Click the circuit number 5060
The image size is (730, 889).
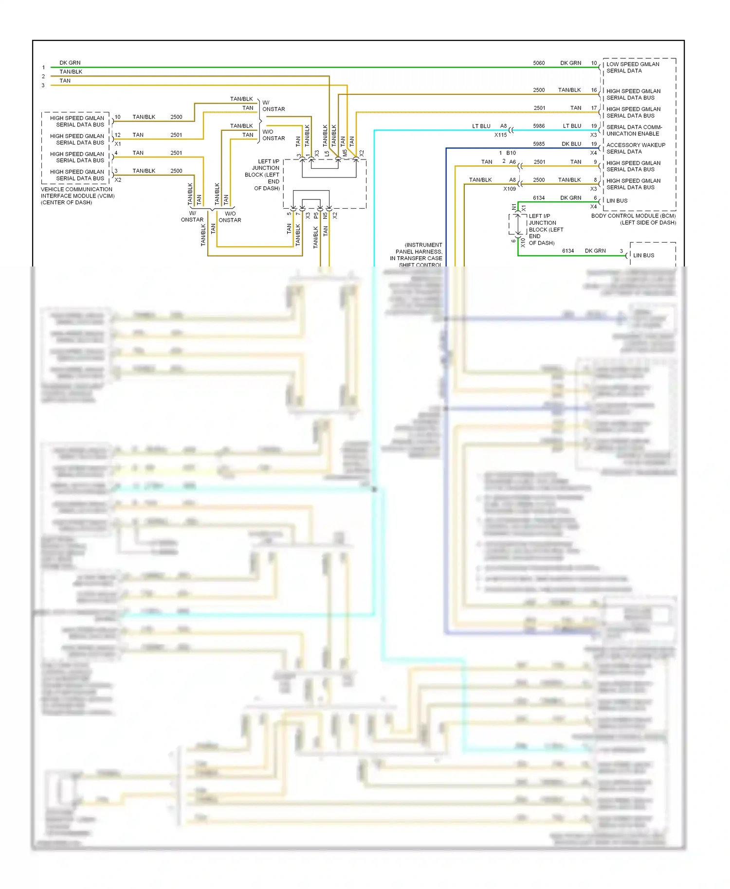pos(538,63)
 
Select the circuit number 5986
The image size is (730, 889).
pos(538,126)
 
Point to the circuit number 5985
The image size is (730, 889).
pos(538,144)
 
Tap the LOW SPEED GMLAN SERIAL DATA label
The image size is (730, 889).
pos(632,68)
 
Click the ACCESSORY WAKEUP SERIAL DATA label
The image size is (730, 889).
pos(635,148)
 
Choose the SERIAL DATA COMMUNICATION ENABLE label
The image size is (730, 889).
pos(634,130)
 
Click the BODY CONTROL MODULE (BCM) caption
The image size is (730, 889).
pos(633,216)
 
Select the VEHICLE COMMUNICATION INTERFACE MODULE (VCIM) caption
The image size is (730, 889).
pos(77,196)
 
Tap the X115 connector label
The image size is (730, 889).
pos(500,135)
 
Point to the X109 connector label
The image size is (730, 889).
pos(509,189)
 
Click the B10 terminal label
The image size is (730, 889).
pos(511,153)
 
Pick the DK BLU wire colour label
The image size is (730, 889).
pos(571,144)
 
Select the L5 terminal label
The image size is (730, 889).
pos(327,153)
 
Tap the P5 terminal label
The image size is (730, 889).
pos(316,215)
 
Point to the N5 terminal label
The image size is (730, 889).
pos(325,215)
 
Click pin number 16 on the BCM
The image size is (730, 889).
pos(594,90)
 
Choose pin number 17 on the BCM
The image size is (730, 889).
pos(594,108)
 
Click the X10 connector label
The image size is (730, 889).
pos(523,242)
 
